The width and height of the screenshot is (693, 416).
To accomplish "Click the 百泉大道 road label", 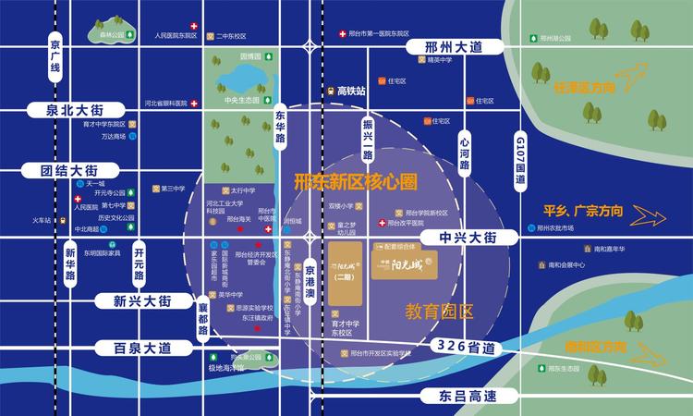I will coord(137,349).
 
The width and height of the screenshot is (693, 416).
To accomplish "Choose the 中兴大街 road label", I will coord(458,238).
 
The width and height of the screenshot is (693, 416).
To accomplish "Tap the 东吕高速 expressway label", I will coord(458,396).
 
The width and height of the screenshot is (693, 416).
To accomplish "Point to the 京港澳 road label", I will coord(310,283).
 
